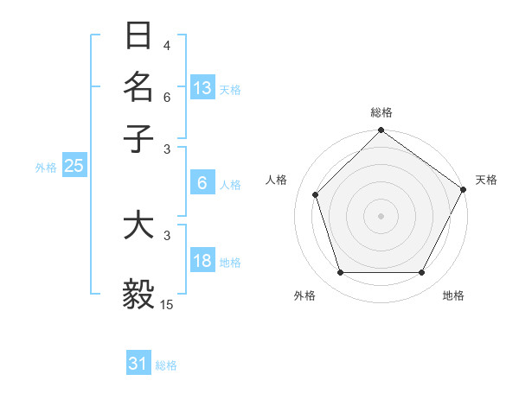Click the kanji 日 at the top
coord(139,35)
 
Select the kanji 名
coord(139,86)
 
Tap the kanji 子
coord(139,137)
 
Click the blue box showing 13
coord(202,87)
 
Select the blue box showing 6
coord(202,183)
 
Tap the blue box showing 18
coord(202,261)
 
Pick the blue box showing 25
coord(74,166)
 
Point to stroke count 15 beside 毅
coord(167,304)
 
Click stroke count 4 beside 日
coord(166,45)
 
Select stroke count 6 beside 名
coord(166,97)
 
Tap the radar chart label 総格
coord(381,112)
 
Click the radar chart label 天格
coord(487,180)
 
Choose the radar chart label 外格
coord(304,295)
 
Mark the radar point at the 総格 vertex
coord(381,131)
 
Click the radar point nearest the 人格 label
coord(316,194)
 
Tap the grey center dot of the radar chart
coord(381,215)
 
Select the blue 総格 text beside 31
coord(166,365)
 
